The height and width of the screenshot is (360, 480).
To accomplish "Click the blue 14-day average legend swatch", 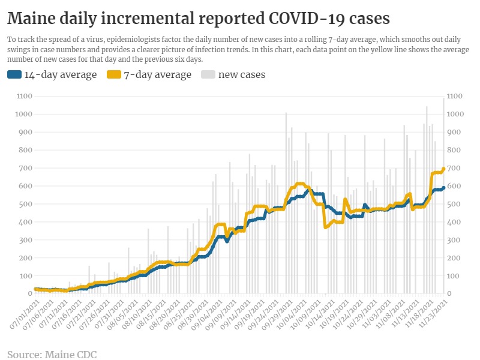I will point(14,75).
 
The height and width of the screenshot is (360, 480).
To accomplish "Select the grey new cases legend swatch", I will point(208,75).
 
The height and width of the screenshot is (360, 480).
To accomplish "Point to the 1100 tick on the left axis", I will point(24,96).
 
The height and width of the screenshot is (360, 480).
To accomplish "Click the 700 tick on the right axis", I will point(454,168).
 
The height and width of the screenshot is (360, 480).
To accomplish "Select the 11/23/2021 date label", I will point(435,313).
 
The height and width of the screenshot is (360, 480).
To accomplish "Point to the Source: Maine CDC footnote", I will point(52,354).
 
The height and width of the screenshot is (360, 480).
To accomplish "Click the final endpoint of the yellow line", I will point(443,169).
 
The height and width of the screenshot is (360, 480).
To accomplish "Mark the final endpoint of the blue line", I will point(443,188).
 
